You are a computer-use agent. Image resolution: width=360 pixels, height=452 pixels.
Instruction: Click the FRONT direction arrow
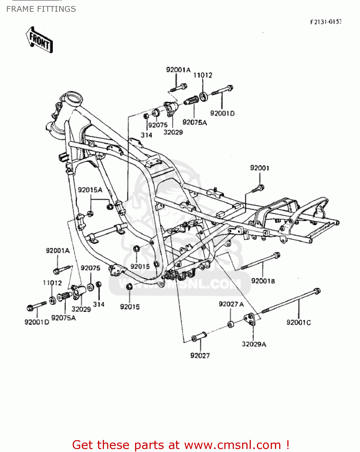coord(39,40)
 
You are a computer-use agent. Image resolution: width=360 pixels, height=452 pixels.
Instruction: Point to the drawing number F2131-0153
coord(326,22)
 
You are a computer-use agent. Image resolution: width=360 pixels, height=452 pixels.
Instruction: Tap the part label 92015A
coord(90,190)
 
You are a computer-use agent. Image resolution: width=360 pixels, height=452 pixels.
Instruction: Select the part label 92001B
coord(263,281)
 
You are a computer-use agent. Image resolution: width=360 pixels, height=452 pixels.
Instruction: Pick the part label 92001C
coord(298,322)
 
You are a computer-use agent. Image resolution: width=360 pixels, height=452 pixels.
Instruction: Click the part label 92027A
coord(231,304)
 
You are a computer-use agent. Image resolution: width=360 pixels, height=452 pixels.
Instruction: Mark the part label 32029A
coord(254,344)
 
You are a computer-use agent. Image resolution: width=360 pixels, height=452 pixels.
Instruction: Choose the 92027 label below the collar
coord(200,356)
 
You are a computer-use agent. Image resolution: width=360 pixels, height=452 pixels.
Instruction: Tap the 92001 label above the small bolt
coord(260,168)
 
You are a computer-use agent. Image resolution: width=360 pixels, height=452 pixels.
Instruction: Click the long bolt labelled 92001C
coord(291,302)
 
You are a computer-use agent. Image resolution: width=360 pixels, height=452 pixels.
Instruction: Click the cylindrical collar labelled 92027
coord(199,337)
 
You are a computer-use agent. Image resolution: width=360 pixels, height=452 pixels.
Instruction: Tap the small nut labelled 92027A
coord(231,325)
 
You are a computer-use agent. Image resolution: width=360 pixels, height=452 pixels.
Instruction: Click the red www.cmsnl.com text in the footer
coord(232,445)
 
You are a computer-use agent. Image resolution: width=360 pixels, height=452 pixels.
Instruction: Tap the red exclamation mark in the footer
coord(288,445)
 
